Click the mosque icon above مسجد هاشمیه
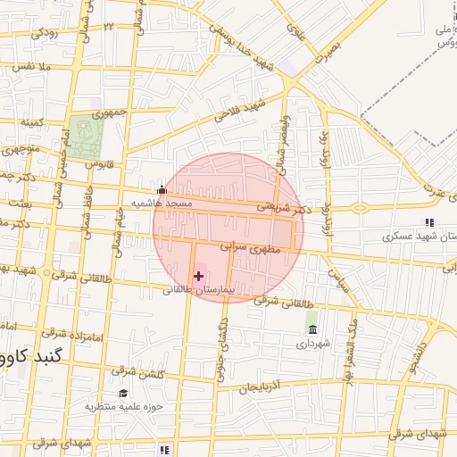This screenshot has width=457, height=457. coord(162,189)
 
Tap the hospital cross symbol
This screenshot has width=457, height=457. coord(198,277)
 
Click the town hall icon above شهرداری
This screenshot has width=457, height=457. coord(312,330)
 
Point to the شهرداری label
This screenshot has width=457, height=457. coord(313,343)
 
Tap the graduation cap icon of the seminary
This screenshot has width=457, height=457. coord(123,393)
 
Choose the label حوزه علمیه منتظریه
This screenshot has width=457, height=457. coord(120,406)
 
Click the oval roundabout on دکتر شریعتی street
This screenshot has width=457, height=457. coord(359,208)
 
